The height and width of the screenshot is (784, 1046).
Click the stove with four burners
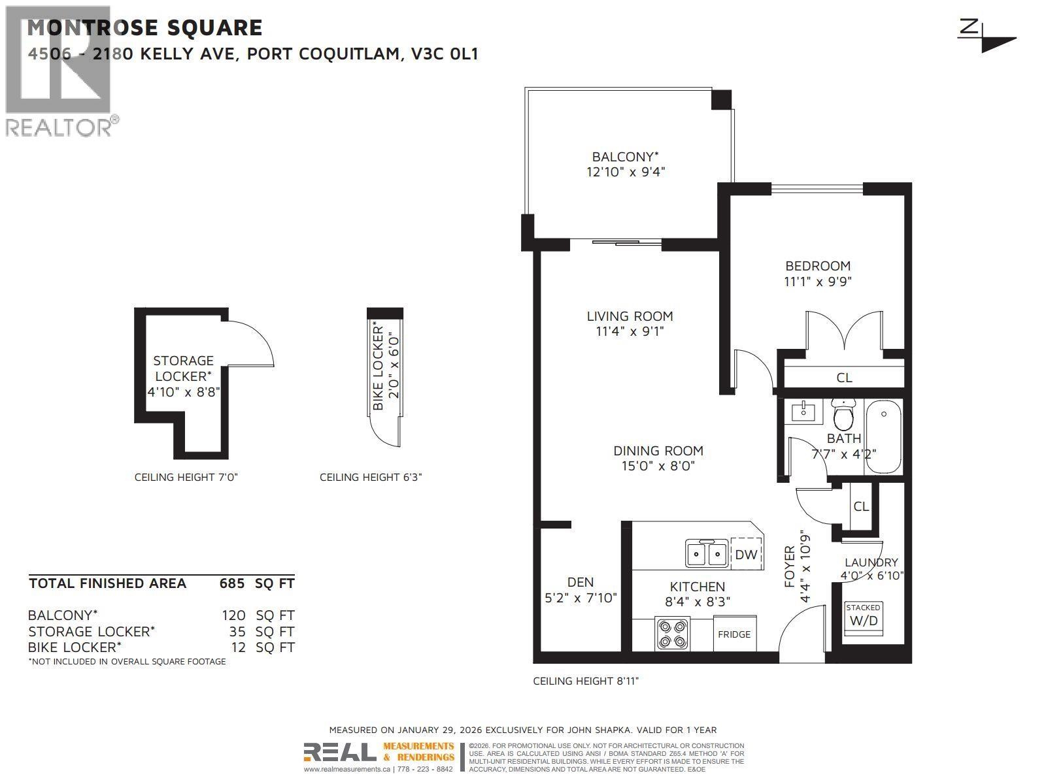coord(672,633)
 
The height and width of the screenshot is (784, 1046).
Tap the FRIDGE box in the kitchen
coord(734,634)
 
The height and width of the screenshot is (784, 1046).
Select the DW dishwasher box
coord(746,555)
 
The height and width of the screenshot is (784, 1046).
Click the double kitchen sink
coord(707,554)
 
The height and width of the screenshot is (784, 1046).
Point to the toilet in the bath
coord(843,414)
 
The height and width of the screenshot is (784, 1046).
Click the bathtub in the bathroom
coord(884,437)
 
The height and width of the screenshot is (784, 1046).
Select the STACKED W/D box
coord(863,616)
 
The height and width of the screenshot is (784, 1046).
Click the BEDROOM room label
coord(817,266)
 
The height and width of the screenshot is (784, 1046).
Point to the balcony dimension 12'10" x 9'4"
coord(625,172)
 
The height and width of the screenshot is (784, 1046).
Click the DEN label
coord(580,582)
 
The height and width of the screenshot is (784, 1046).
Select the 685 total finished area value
coord(231,583)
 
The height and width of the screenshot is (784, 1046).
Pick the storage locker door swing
coord(252,343)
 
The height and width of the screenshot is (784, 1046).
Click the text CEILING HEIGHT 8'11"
coord(586,681)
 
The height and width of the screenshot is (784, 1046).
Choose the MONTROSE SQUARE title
coord(144,27)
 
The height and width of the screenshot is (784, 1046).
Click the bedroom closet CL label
coord(844,378)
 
